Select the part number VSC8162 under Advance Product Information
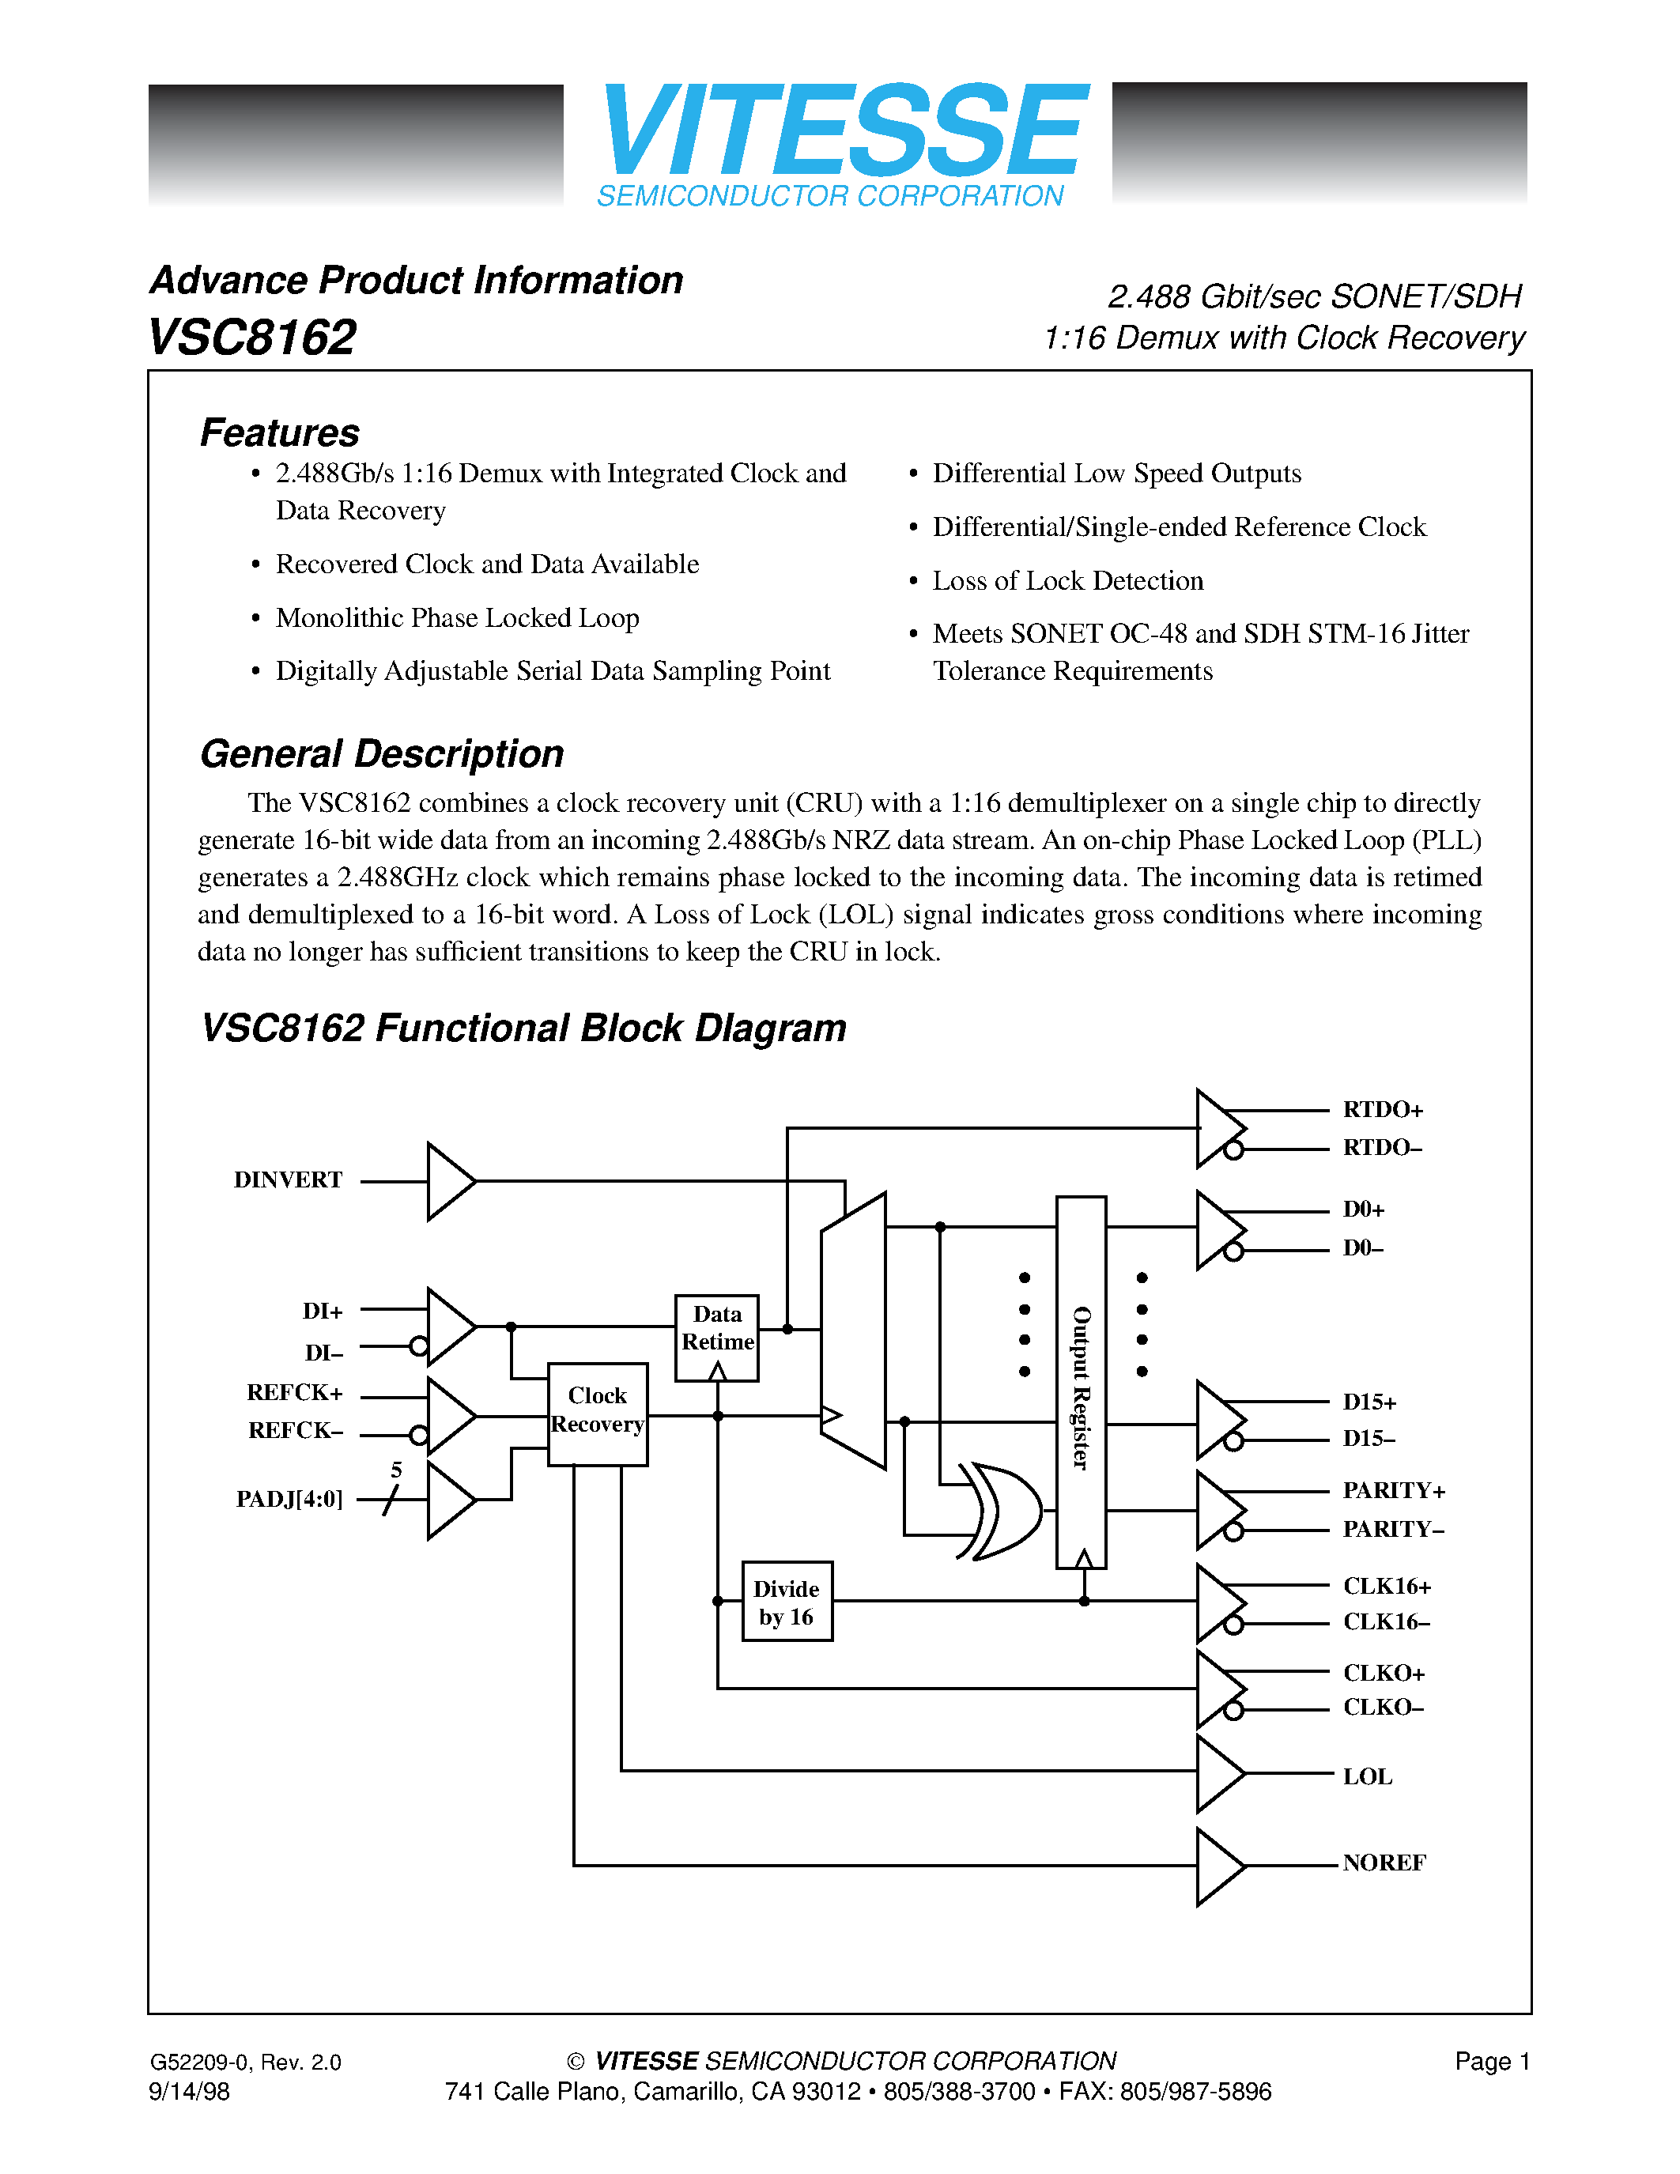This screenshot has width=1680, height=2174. tap(251, 337)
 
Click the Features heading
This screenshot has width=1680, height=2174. tap(280, 433)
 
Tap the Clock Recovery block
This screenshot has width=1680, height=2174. tap(597, 1413)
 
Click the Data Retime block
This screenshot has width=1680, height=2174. tap(716, 1337)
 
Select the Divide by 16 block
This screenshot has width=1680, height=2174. tap(787, 1602)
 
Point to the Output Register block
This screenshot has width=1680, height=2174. tap(1081, 1383)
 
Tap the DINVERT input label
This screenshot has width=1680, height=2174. tap(288, 1180)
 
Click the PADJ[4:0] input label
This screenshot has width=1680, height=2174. tap(289, 1499)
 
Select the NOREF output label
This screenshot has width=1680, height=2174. tap(1384, 1863)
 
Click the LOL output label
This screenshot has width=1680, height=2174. tap(1368, 1777)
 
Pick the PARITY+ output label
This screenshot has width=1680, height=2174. tap(1393, 1491)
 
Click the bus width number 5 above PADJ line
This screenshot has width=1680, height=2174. tap(396, 1470)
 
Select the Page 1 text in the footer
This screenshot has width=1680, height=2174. tap(1492, 2062)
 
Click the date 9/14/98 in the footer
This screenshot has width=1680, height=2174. tap(189, 2091)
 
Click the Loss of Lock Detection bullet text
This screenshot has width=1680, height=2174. tap(1067, 580)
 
